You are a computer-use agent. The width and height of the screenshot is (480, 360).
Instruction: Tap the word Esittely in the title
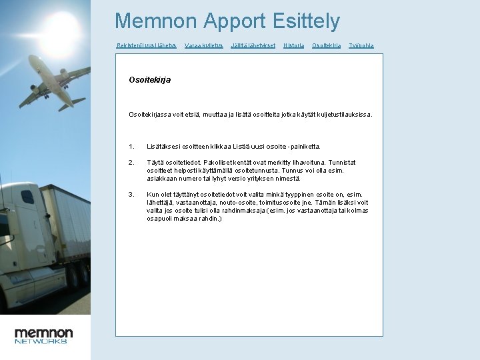pos(306,21)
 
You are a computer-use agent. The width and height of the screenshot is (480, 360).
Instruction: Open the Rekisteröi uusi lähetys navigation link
pos(146,45)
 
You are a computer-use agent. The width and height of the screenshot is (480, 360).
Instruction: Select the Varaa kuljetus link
pos(203,45)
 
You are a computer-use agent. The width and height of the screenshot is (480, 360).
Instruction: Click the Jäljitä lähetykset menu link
pos(253,45)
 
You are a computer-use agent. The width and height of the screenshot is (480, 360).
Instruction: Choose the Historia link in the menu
pos(293,45)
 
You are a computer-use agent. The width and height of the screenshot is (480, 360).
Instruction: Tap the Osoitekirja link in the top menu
pos(326,45)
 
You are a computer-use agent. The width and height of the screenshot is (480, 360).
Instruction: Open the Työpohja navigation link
pos(361,45)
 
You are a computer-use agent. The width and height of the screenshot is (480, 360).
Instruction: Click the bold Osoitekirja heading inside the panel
pos(149,79)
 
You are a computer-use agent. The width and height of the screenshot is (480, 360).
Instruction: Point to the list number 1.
pos(131,146)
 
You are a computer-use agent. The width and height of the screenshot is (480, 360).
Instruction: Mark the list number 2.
pos(131,162)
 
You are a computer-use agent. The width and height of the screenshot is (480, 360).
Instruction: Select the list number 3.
pos(131,194)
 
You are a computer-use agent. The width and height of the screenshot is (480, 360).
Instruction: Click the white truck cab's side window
pos(27,197)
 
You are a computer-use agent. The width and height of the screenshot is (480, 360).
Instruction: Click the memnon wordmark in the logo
pos(44,332)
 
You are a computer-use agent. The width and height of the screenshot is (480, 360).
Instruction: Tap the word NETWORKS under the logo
pos(41,341)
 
